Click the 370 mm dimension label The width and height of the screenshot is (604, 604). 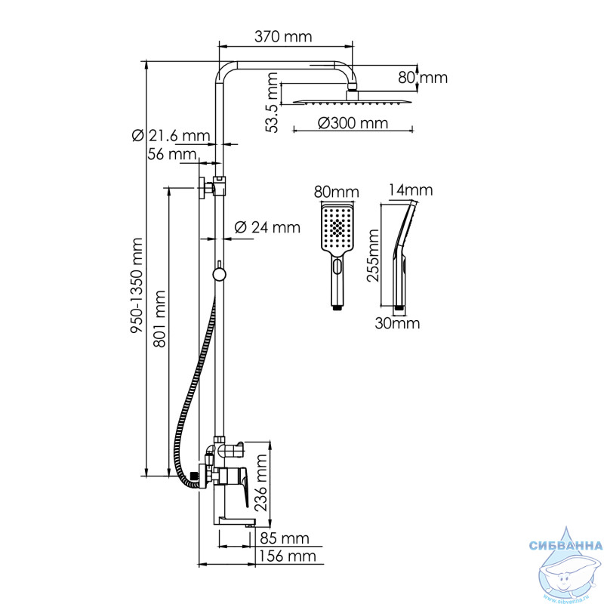pos(283,36)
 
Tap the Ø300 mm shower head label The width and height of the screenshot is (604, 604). pos(353,123)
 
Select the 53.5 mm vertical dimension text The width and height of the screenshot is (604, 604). pos(272,103)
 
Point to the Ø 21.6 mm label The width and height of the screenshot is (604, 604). pos(171,136)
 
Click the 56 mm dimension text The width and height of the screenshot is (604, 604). pos(172,154)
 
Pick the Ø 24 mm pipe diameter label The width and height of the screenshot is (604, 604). pos(267,227)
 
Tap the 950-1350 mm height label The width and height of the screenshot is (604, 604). pos(137,285)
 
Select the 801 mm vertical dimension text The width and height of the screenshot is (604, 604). pos(159,319)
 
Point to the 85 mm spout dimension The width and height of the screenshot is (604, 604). pos(285,538)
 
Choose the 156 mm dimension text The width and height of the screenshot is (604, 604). pos(288,556)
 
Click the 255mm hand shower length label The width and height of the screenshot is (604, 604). pos(373,255)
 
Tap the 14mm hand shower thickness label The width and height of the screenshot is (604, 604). pos(411,190)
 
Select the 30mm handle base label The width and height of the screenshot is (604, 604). pos(398,323)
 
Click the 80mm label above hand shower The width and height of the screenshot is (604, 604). pos(336,192)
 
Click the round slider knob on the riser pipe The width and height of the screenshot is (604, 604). pos(219,275)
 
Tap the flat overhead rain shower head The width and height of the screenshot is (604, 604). pos(353,101)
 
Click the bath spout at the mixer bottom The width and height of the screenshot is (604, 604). pos(235,522)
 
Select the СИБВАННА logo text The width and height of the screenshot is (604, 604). pos(565,545)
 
